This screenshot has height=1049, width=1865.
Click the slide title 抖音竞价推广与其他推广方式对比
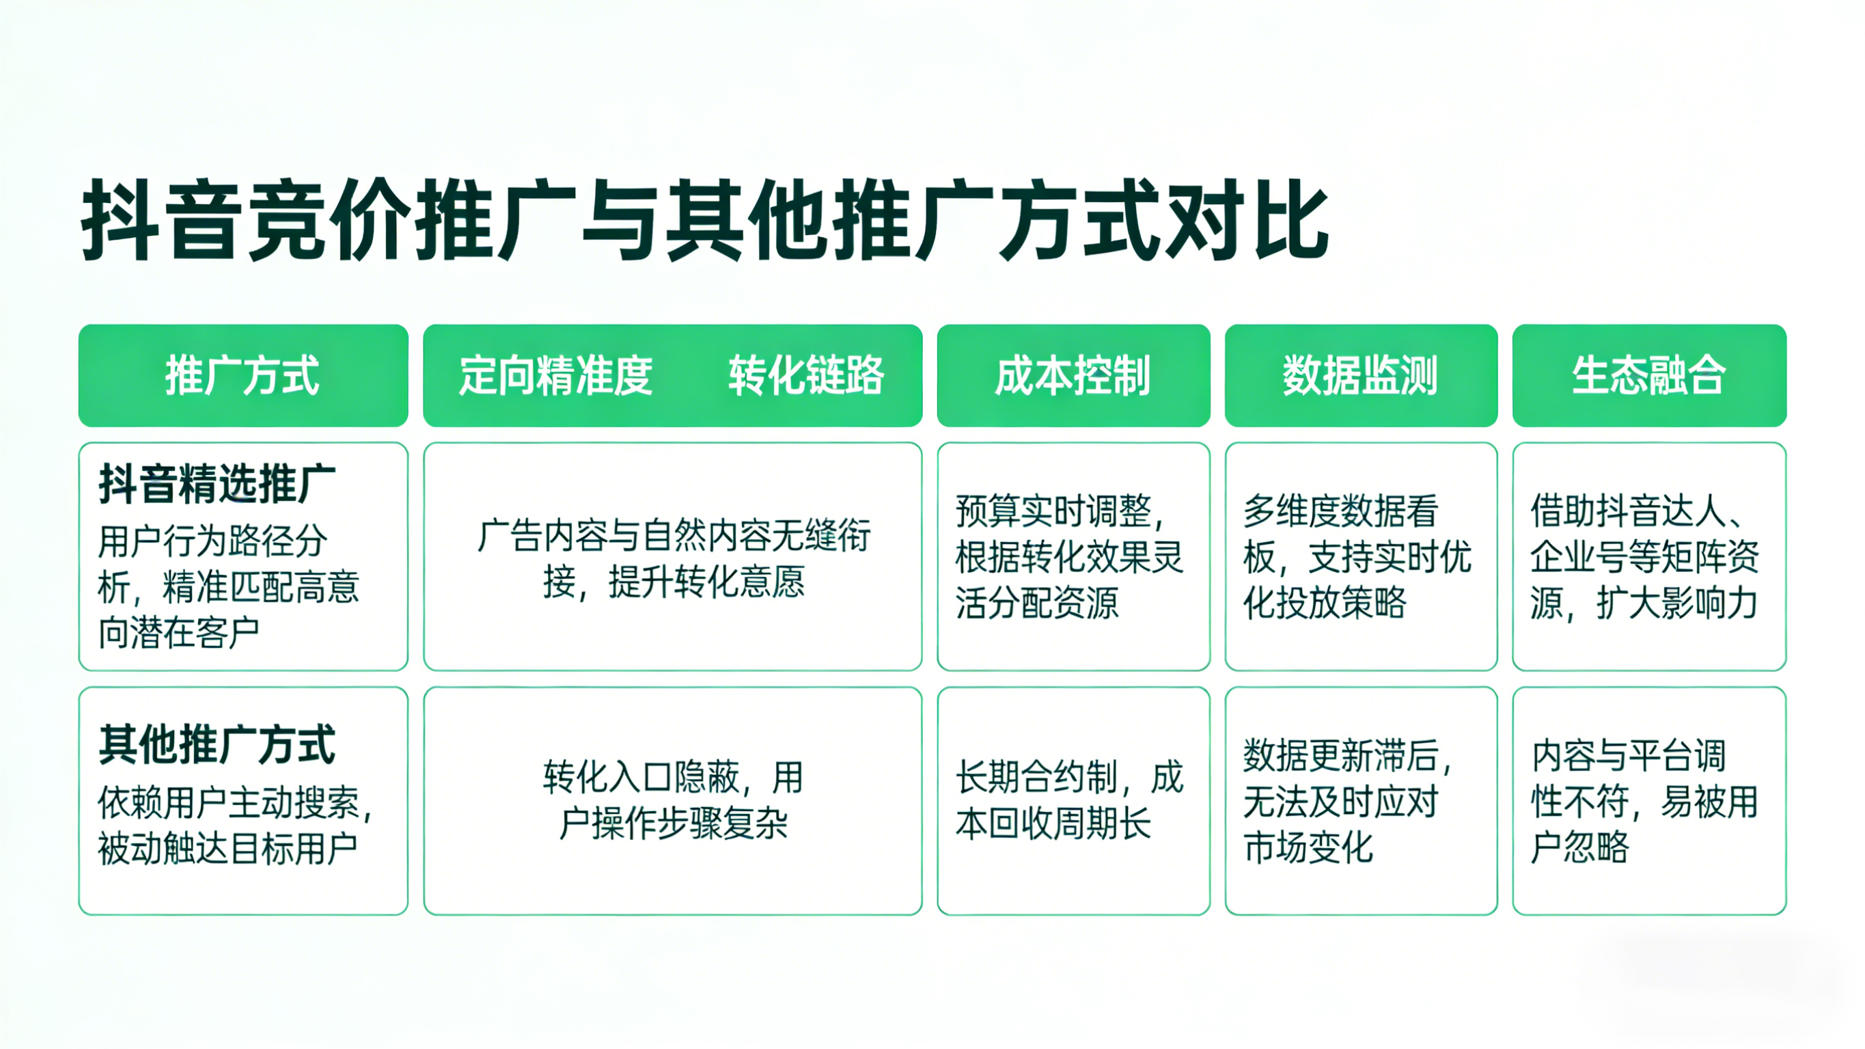tap(704, 221)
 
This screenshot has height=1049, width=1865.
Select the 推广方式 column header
tap(243, 375)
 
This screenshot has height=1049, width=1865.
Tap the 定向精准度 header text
tap(556, 375)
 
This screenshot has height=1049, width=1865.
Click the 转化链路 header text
tap(806, 375)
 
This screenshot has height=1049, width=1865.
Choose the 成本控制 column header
tap(1073, 375)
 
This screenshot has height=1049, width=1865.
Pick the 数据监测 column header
tap(1359, 375)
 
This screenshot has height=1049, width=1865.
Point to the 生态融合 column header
tap(1648, 375)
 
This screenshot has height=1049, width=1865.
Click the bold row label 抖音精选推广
tap(217, 483)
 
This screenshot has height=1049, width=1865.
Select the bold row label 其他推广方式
tap(217, 744)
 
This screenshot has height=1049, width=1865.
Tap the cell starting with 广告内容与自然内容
tap(674, 558)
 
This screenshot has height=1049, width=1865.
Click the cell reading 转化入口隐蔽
tap(674, 800)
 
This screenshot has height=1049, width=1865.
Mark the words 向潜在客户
tap(179, 632)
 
